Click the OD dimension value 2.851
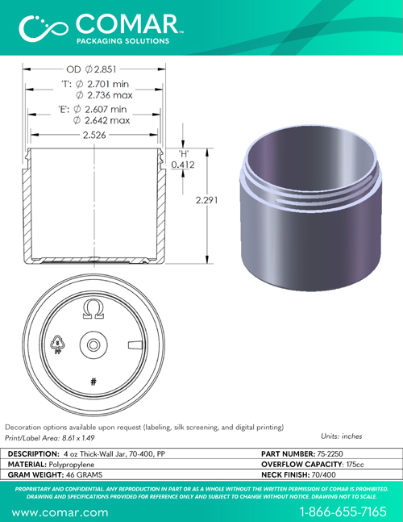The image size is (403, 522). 105,69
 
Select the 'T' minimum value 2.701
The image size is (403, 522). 99,84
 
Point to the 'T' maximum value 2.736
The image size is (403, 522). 99,95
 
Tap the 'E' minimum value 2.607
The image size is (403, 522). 97,109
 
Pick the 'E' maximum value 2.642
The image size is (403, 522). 97,120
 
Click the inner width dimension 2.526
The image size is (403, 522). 94,135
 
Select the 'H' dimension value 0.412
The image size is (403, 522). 183,165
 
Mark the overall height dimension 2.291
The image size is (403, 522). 206,200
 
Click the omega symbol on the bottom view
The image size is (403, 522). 93,309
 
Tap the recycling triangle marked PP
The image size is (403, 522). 58,345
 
